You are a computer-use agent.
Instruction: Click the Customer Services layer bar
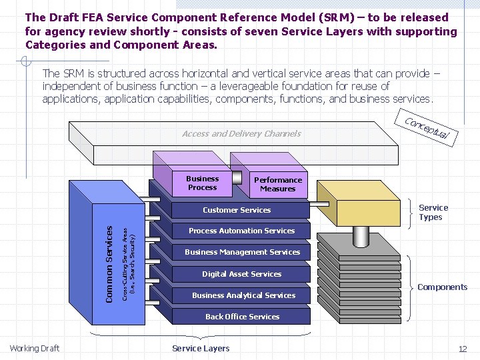[237, 210]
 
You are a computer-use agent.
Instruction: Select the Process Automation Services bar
[241, 231]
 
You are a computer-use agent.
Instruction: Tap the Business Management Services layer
[242, 252]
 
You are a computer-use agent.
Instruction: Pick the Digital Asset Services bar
[241, 274]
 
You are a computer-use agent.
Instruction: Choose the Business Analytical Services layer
[243, 295]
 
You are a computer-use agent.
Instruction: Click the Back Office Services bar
[242, 317]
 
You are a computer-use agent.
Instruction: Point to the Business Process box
[202, 183]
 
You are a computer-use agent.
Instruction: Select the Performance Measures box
[278, 185]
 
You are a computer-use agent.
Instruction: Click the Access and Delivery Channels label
[241, 134]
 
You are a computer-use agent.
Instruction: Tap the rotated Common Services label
[110, 263]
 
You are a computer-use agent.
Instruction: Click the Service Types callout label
[433, 213]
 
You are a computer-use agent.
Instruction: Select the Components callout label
[442, 287]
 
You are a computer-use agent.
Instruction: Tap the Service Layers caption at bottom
[201, 349]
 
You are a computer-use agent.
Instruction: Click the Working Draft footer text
[35, 349]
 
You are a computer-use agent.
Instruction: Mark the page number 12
[463, 349]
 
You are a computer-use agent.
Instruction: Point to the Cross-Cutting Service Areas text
[129, 263]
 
